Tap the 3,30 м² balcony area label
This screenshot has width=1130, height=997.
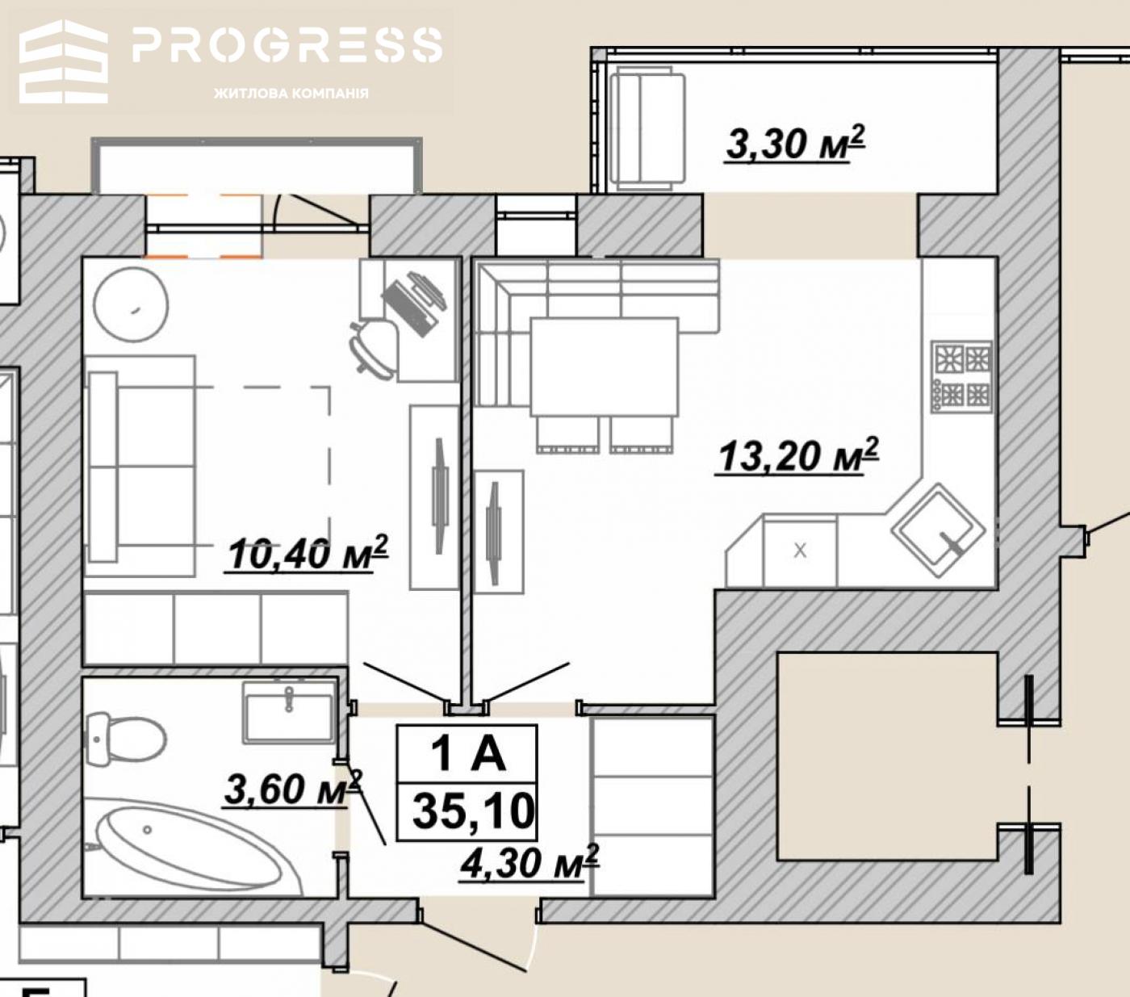795,144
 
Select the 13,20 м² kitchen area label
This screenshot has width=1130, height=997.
797,456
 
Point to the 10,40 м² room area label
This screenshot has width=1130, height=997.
306,553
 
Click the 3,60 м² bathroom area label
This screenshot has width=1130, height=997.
293,789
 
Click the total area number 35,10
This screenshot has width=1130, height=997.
474,811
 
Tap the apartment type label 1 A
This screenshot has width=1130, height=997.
468,754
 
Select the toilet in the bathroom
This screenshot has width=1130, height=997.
125,739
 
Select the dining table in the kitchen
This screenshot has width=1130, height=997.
604,367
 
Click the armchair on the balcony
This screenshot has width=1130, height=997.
647,129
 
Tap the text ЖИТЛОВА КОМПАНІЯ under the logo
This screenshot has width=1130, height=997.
291,93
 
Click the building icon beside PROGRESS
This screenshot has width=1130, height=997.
64,61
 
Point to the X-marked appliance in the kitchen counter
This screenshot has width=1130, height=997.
800,551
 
